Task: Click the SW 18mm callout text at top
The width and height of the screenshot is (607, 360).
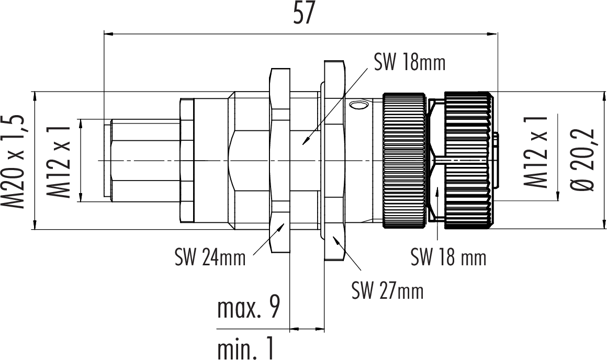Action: click(409, 63)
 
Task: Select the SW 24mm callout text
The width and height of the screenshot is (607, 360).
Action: click(210, 257)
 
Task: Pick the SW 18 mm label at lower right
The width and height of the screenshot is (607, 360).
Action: click(448, 257)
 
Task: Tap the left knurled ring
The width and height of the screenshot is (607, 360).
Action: click(404, 160)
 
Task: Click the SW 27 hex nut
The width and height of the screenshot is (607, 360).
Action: click(334, 160)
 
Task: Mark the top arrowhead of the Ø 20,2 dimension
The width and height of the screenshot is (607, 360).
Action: click(601, 95)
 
